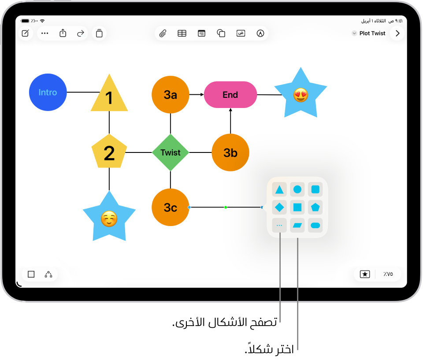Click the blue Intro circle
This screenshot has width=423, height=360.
48,92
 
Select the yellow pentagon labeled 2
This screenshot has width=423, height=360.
109,152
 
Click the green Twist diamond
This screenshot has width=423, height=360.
171,152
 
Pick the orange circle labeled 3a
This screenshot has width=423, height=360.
171,95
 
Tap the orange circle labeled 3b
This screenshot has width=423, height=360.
230,152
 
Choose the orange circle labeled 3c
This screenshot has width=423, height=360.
171,207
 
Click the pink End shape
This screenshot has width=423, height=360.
230,95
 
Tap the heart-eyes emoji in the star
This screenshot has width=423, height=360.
301,95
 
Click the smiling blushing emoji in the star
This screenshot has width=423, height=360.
109,219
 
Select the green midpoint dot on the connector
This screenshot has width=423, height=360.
226,207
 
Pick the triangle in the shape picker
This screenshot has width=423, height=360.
279,189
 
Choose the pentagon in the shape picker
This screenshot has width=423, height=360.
315,207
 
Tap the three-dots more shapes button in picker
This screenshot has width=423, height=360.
279,225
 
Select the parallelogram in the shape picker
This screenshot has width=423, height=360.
297,225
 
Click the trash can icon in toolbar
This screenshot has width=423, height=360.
99,33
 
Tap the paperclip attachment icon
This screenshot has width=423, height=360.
163,33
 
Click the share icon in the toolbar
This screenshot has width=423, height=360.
63,33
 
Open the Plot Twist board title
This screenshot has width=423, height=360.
372,33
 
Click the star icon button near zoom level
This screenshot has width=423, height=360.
365,274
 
